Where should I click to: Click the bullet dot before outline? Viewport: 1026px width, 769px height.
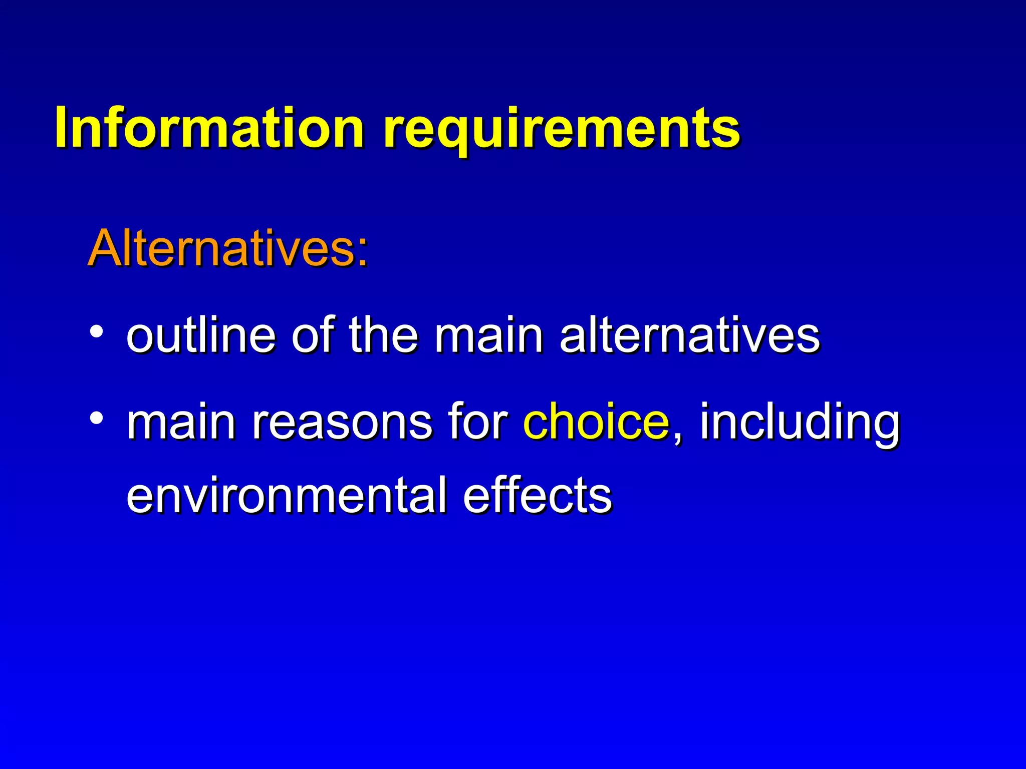tap(97, 331)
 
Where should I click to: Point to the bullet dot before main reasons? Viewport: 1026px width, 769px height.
tap(97, 417)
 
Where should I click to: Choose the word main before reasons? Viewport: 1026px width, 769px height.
tap(181, 422)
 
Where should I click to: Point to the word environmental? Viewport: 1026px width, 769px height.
tap(287, 495)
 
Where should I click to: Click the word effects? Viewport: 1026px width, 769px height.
tap(538, 495)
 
